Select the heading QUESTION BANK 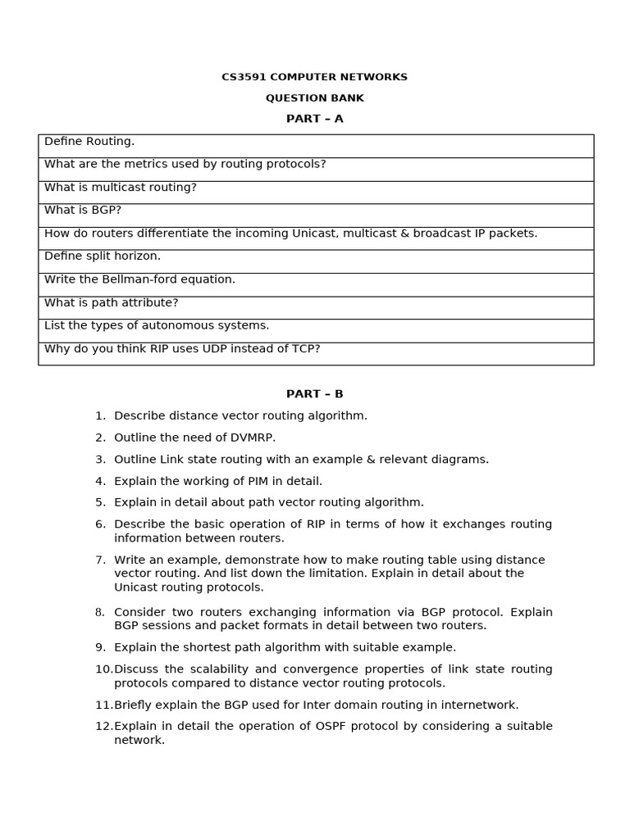tap(314, 98)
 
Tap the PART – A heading tap(314, 119)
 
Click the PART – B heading tap(314, 394)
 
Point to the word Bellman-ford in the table tap(141, 279)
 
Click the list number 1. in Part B tap(100, 416)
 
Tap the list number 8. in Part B tap(100, 612)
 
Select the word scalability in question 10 tap(206, 669)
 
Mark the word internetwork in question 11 tap(480, 705)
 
